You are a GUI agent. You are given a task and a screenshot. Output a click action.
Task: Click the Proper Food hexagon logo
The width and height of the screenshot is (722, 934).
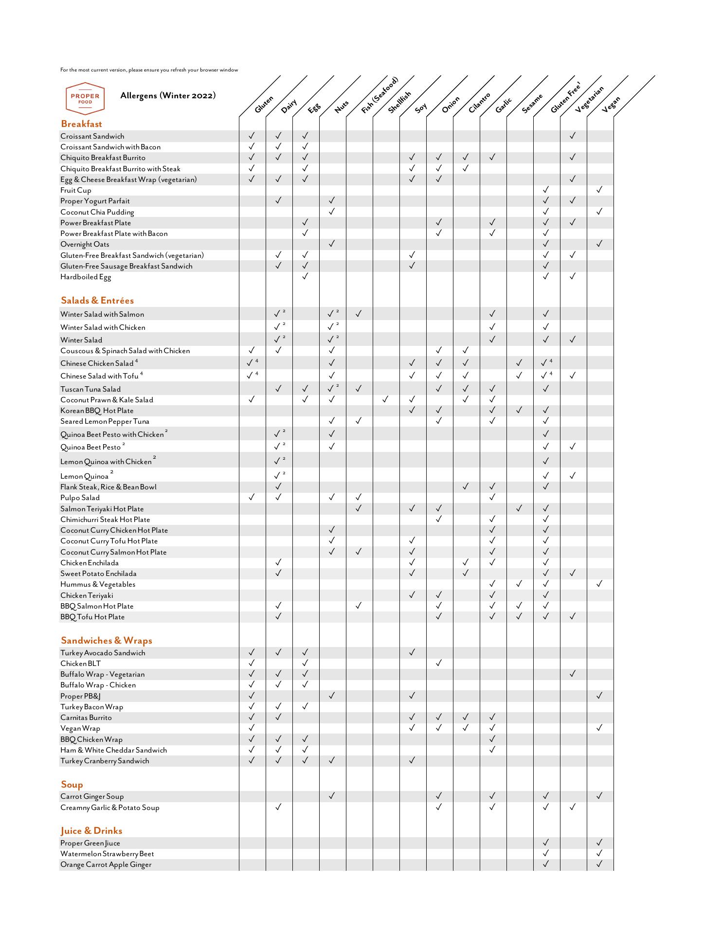(85, 98)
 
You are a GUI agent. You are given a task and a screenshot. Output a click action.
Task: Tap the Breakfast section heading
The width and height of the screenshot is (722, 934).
(81, 124)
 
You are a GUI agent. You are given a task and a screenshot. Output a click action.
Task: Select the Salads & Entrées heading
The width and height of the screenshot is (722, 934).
(97, 301)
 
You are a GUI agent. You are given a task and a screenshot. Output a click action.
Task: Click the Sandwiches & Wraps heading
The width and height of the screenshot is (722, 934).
(107, 641)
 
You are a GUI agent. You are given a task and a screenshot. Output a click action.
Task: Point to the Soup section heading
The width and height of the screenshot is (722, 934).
(72, 785)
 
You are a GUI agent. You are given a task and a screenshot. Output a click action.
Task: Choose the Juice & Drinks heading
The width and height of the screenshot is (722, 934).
(91, 831)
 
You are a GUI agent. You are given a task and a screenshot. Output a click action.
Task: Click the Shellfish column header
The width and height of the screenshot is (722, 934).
(400, 102)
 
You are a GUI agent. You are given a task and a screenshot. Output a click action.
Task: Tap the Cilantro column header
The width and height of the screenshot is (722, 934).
(480, 103)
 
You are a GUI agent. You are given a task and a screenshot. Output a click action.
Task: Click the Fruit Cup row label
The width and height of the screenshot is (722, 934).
(76, 190)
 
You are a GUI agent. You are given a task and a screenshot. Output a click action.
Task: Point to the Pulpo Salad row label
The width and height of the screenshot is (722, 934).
(80, 498)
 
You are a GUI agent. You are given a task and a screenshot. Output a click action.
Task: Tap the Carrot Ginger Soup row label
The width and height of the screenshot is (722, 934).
(92, 796)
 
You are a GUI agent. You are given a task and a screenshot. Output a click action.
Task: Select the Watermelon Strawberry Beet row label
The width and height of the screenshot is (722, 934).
(107, 854)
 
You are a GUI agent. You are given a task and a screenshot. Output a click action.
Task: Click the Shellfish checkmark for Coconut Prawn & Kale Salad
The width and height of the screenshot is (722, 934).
(385, 399)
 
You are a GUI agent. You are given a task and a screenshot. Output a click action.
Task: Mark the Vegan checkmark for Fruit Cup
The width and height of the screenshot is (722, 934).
(599, 190)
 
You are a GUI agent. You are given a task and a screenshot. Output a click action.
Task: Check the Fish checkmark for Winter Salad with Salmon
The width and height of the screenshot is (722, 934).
(359, 314)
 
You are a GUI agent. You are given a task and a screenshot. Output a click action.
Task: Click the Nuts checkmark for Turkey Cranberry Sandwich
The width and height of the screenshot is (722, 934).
(332, 760)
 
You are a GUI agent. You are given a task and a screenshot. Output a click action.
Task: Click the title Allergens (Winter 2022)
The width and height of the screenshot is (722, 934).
(168, 95)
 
